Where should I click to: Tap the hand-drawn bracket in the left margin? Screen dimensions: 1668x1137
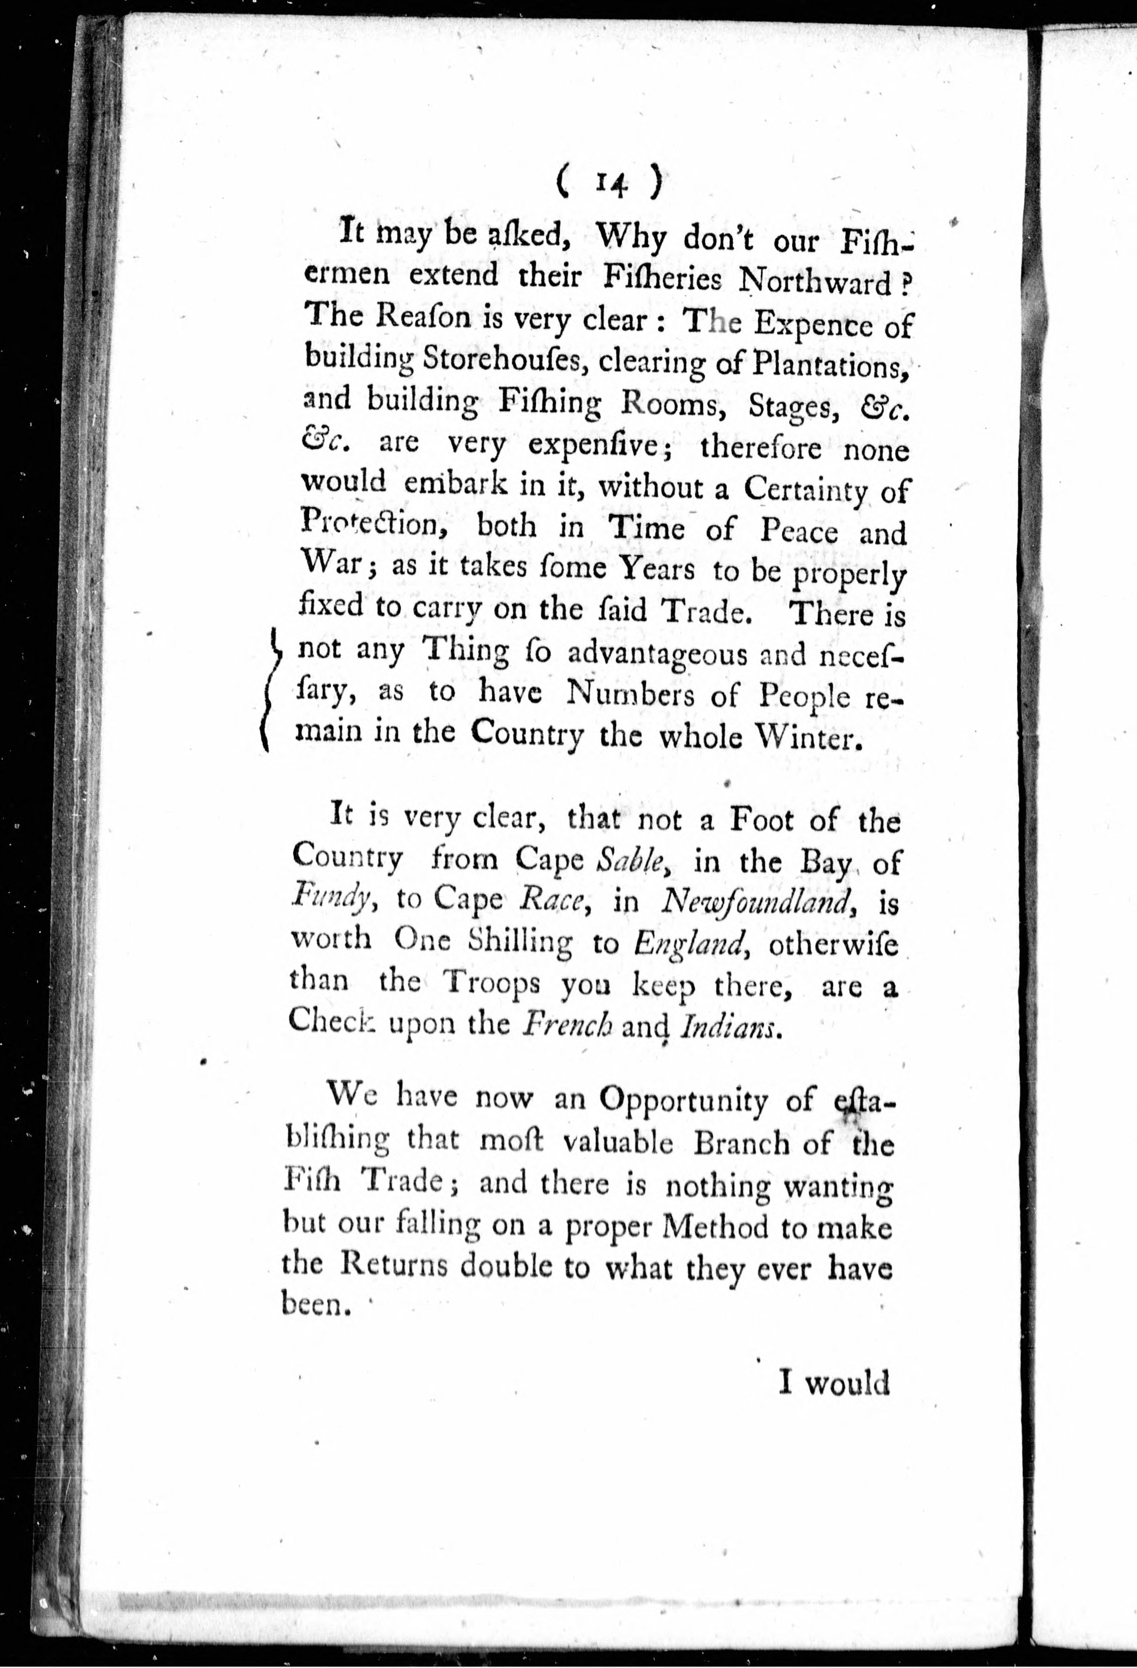click(272, 689)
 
